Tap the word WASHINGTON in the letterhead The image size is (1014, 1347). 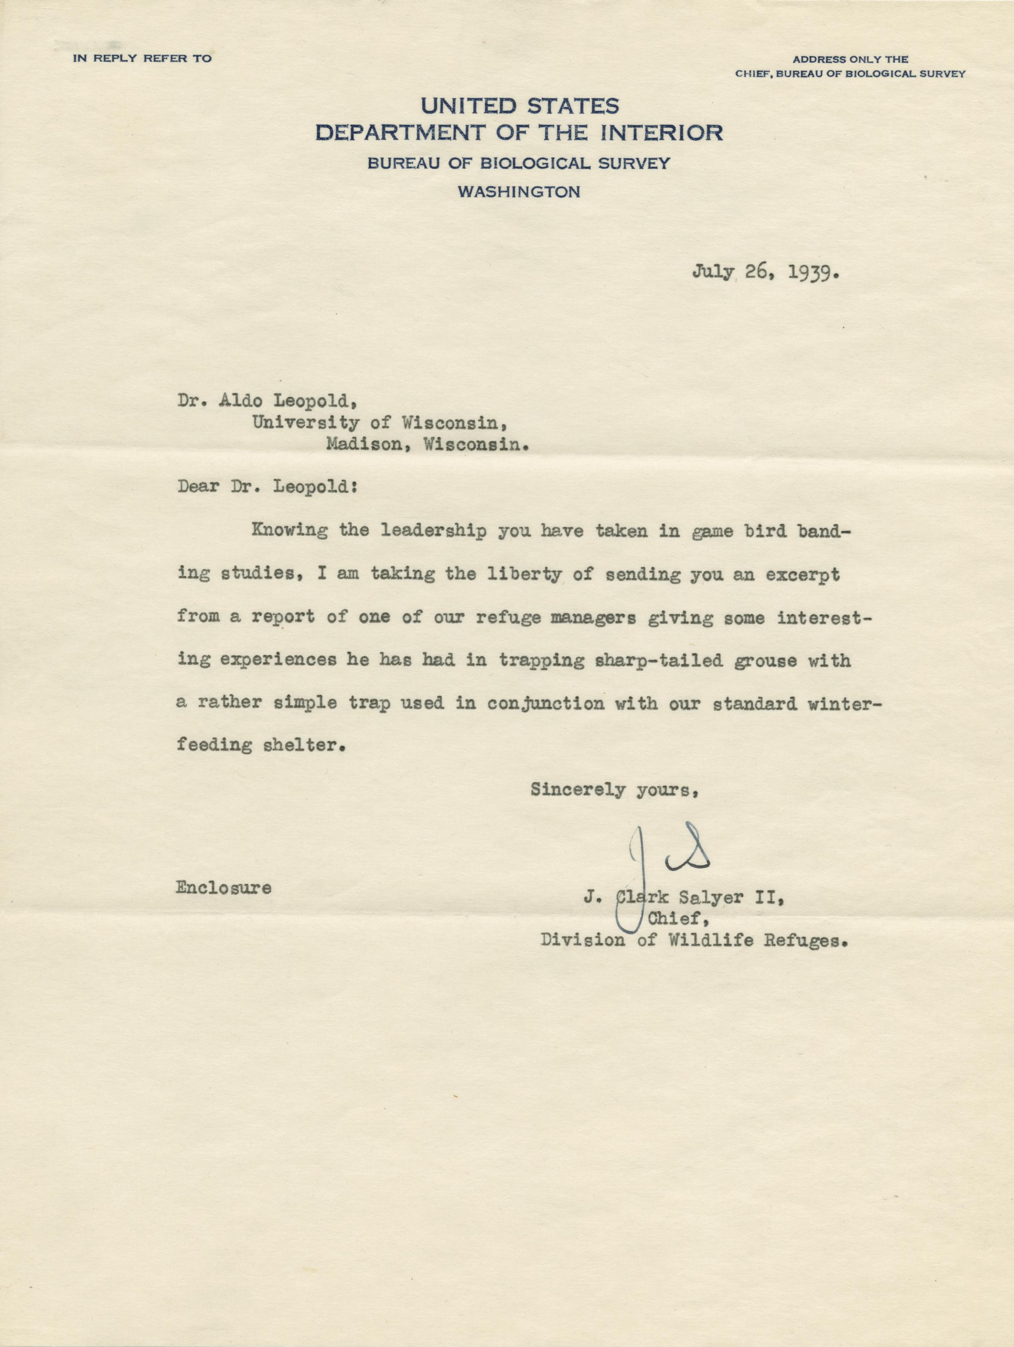pos(518,192)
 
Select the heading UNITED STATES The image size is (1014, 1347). pos(520,107)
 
